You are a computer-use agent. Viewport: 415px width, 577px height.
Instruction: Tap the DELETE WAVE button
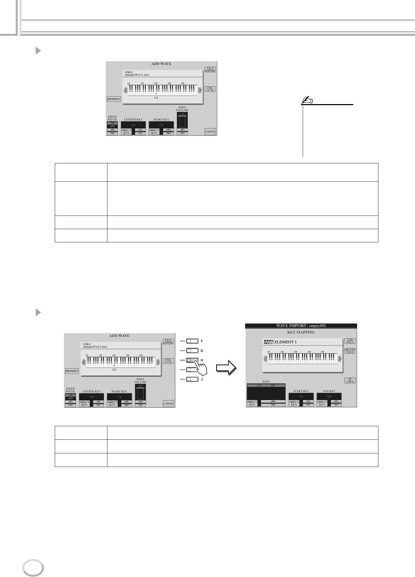pyautogui.click(x=350, y=351)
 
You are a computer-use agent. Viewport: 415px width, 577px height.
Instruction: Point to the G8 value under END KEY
pyautogui.click(x=329, y=397)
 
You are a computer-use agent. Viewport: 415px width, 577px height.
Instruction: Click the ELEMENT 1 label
pyautogui.click(x=286, y=342)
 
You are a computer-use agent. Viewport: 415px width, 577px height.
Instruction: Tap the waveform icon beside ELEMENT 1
pyautogui.click(x=268, y=342)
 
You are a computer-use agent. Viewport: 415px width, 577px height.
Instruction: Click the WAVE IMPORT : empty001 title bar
pyautogui.click(x=301, y=326)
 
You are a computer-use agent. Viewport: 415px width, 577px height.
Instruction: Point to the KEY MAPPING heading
pyautogui.click(x=301, y=332)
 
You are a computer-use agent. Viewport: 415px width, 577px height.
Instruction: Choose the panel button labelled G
pyautogui.click(x=192, y=350)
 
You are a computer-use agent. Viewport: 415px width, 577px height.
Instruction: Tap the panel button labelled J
pyautogui.click(x=192, y=379)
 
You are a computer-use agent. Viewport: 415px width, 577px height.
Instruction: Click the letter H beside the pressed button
pyautogui.click(x=202, y=360)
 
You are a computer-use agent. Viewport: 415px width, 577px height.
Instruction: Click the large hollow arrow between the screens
pyautogui.click(x=226, y=369)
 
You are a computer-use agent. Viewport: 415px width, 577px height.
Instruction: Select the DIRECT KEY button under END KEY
pyautogui.click(x=322, y=403)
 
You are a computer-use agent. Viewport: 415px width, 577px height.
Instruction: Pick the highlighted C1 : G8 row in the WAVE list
pyautogui.click(x=266, y=386)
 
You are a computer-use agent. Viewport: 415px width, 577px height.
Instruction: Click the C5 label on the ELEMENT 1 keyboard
pyautogui.click(x=323, y=352)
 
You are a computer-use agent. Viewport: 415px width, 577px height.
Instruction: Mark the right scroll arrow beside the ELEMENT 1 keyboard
pyautogui.click(x=339, y=359)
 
